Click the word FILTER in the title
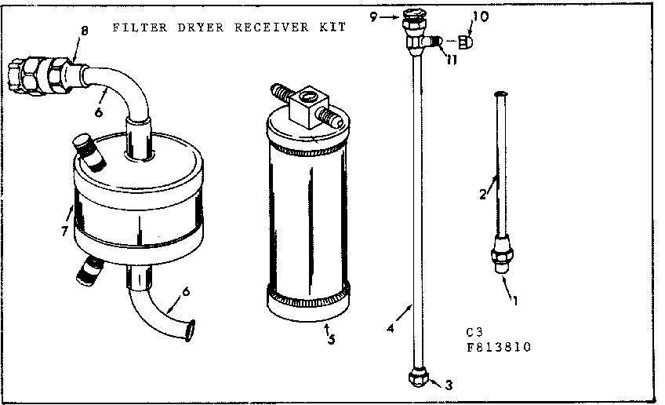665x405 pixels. pyautogui.click(x=133, y=27)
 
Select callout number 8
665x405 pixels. pyautogui.click(x=84, y=31)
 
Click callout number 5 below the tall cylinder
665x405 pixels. pyautogui.click(x=330, y=340)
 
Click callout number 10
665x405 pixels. pyautogui.click(x=480, y=16)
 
